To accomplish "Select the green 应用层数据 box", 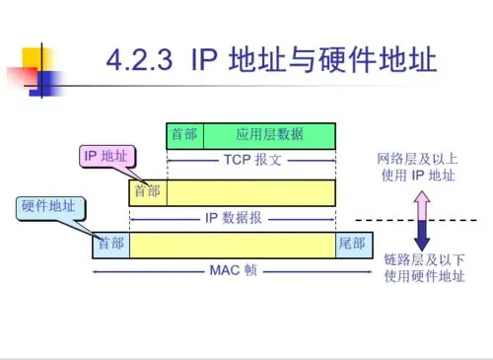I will click(x=269, y=135).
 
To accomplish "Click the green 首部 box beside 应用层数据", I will click(x=184, y=135).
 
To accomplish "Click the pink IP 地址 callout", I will click(x=108, y=156).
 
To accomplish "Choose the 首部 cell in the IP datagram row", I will click(x=148, y=190).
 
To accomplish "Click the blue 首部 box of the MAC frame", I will click(x=110, y=244).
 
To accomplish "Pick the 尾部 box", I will click(x=352, y=244).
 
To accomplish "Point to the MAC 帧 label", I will click(x=233, y=270).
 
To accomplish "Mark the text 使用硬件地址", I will click(x=423, y=276).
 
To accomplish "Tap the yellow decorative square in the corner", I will click(x=27, y=54).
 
